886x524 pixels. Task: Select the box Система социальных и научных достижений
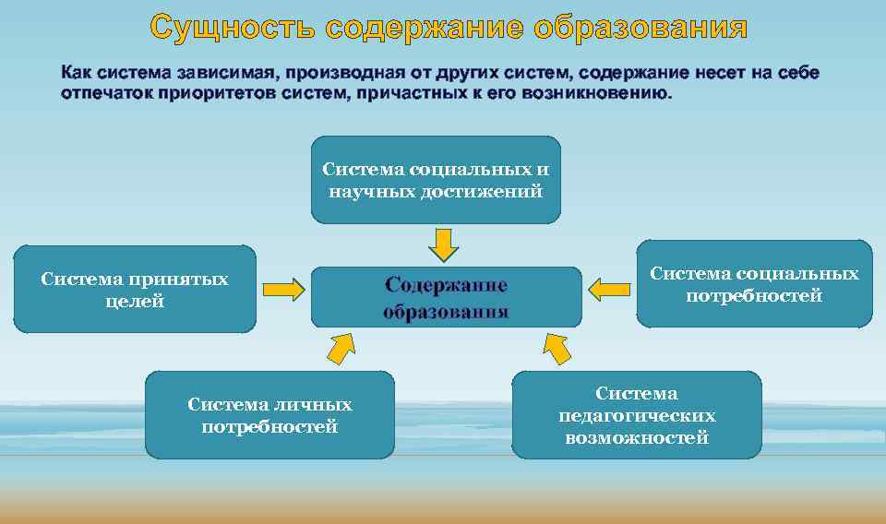(436, 180)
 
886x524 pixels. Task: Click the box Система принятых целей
(135, 289)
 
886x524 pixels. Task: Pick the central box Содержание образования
(447, 297)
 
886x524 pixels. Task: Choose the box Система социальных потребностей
(754, 284)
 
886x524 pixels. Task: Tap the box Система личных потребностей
(269, 415)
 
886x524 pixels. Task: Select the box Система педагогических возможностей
(637, 415)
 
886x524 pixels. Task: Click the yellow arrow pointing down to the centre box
(443, 244)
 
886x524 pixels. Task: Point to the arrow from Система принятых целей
(283, 290)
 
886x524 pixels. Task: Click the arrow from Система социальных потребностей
(608, 290)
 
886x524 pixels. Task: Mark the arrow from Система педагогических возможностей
(557, 348)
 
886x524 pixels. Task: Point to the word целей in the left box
(135, 301)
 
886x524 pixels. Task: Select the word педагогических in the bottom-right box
(637, 416)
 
